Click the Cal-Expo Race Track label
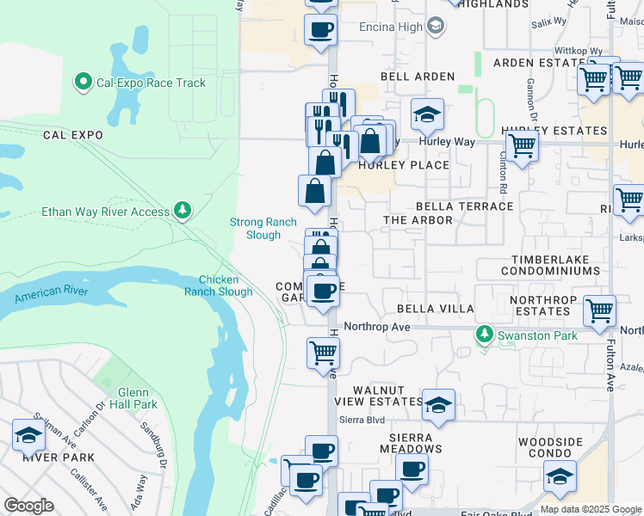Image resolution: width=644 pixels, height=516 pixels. coord(151,83)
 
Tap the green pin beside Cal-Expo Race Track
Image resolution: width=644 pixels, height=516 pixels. coord(84,83)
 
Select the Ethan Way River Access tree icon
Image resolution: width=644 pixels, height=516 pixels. coord(182,210)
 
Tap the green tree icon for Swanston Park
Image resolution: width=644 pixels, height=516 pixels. coord(485,334)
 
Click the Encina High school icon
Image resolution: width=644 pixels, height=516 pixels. coord(436,27)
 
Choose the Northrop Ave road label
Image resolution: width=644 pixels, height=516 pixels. coord(376,327)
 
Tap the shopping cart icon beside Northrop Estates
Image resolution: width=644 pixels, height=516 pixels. coord(599,310)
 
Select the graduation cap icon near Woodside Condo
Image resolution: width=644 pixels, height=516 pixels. coord(560,476)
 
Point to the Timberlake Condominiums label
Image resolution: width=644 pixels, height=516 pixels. coord(554,271)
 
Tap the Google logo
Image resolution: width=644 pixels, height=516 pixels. coord(29,506)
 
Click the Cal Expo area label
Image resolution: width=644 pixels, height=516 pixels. coord(73,135)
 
